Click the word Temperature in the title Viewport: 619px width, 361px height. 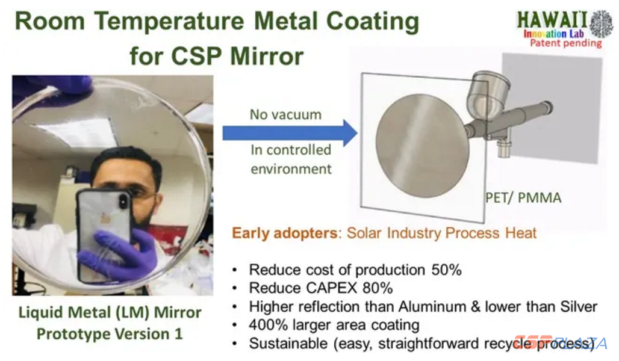pyautogui.click(x=169, y=22)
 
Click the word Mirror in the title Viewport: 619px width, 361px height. pyautogui.click(x=267, y=57)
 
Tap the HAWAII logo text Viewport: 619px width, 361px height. pyautogui.click(x=552, y=20)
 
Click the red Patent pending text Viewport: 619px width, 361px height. pyautogui.click(x=565, y=43)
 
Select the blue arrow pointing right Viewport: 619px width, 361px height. pyautogui.click(x=290, y=133)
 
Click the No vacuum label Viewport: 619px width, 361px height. pyautogui.click(x=286, y=114)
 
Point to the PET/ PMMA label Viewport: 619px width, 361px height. pyautogui.click(x=523, y=198)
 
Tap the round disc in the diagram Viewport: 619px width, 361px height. pyautogui.click(x=422, y=146)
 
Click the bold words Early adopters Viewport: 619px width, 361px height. pyautogui.click(x=285, y=233)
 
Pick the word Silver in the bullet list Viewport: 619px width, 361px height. pyautogui.click(x=576, y=307)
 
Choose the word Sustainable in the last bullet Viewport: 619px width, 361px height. pyautogui.click(x=288, y=343)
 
